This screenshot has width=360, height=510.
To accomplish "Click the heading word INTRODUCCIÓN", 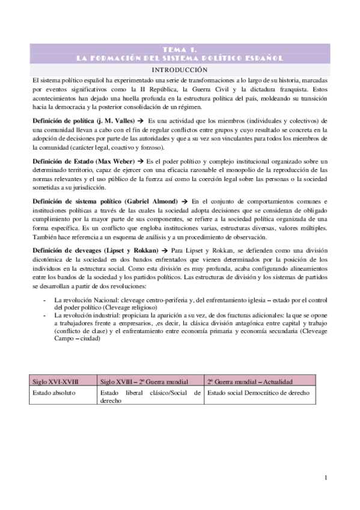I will click(180, 70).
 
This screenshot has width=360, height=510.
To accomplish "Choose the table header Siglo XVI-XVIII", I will click(55, 382).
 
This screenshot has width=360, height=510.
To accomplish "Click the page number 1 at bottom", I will click(325, 478).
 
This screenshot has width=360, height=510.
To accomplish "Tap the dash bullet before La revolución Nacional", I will click(46, 299).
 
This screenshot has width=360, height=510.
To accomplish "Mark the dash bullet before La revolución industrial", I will click(46, 315).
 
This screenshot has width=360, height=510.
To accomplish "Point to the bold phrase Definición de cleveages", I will click(66, 248).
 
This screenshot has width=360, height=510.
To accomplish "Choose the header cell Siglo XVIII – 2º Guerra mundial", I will click(143, 382).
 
